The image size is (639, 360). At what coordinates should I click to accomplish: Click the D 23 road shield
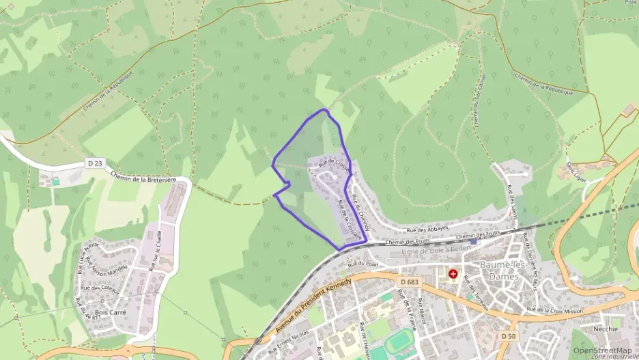95,163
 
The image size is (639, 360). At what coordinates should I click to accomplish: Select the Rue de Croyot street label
333,164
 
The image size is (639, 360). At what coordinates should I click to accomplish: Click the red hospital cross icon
453,273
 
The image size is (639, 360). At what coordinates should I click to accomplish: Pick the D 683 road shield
410,282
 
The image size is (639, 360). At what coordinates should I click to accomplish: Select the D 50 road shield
507,336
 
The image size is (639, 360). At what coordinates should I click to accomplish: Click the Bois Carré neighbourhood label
111,312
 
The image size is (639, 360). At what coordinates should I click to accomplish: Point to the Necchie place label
606,329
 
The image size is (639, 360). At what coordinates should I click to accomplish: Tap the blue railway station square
473,241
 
